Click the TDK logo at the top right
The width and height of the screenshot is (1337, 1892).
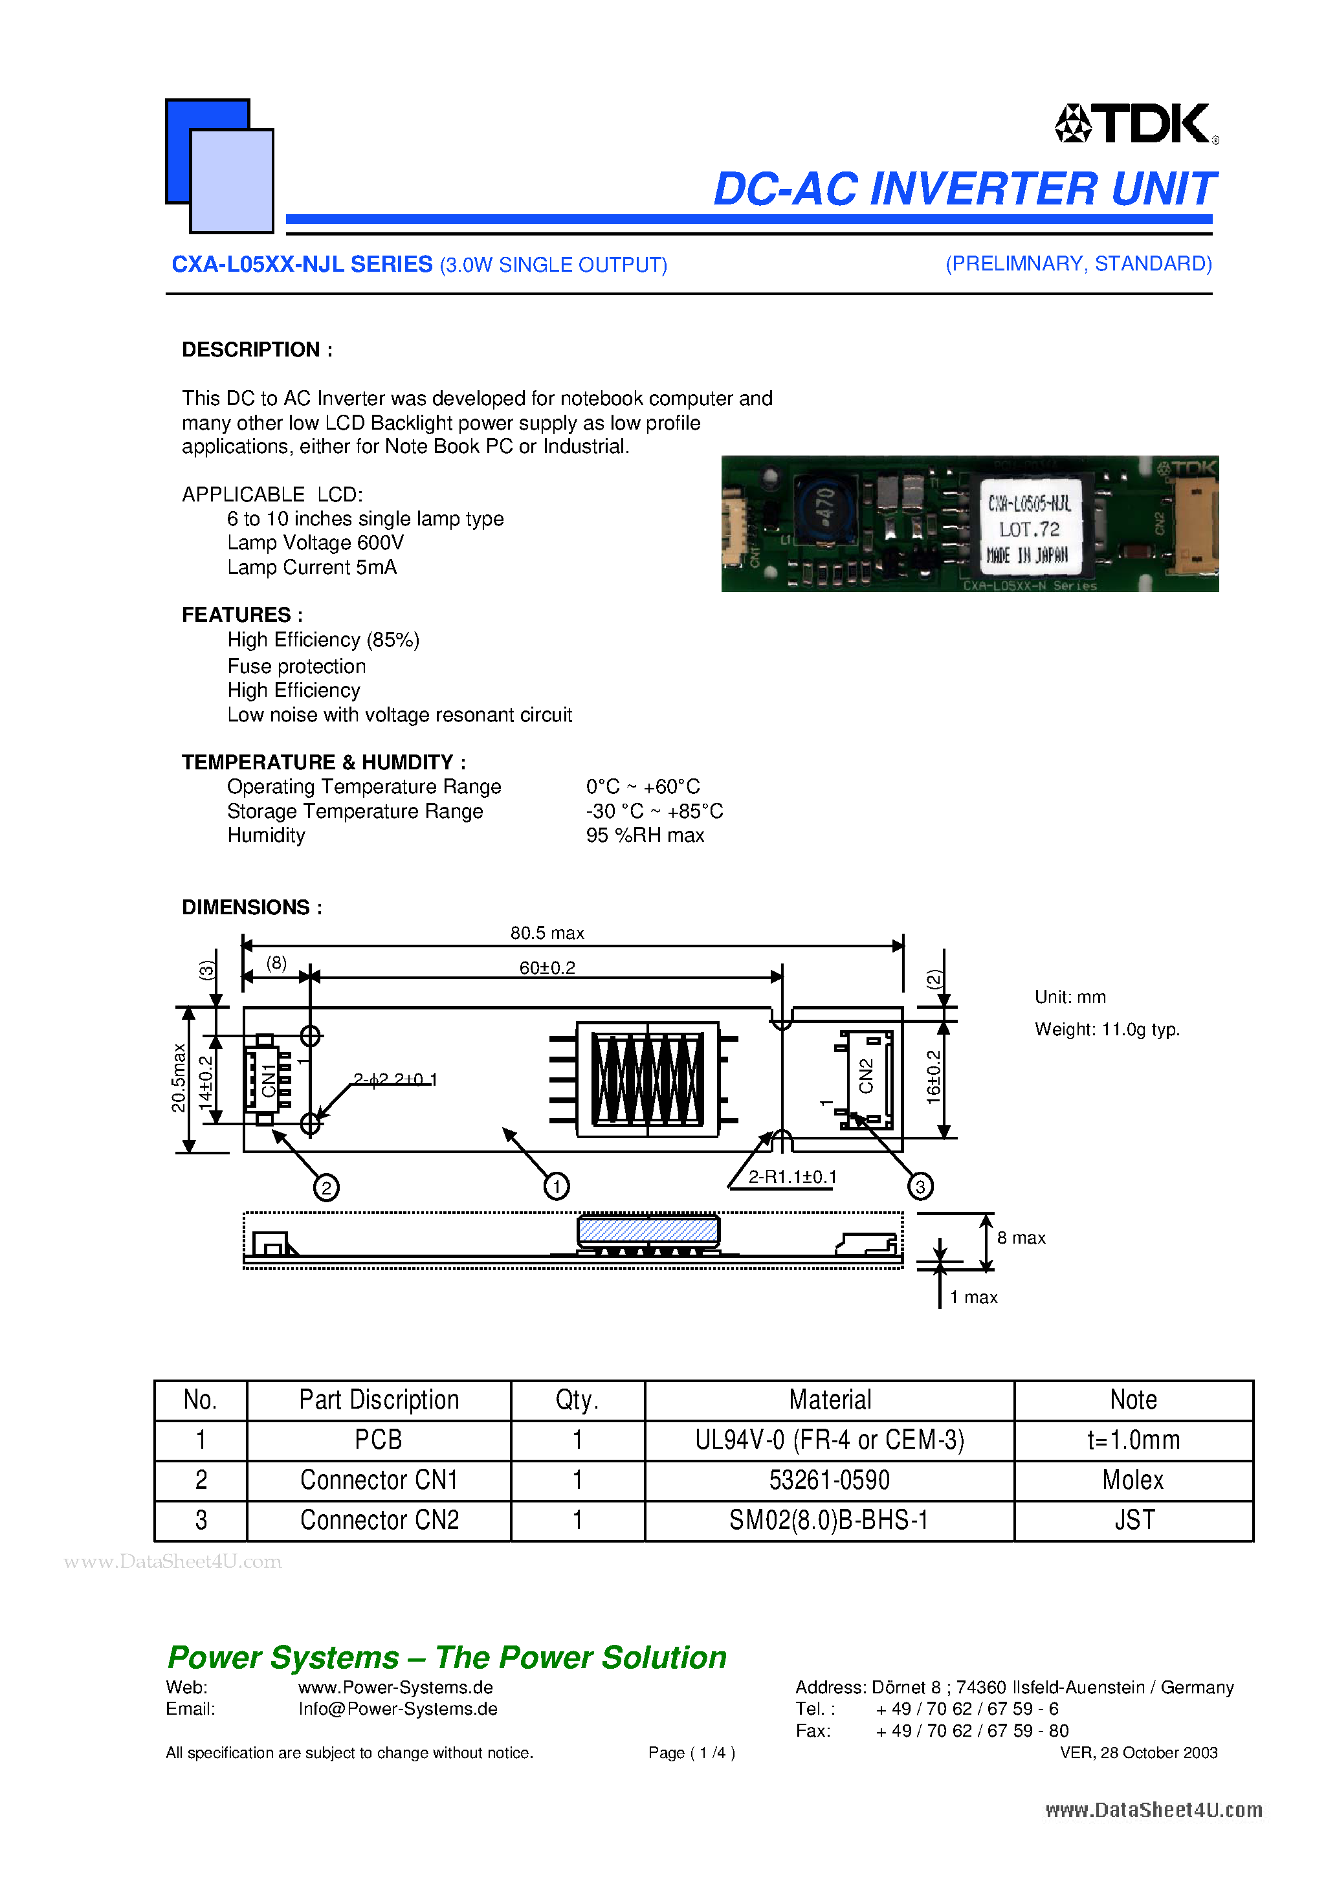[1136, 124]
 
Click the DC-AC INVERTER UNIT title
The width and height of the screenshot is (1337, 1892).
[963, 189]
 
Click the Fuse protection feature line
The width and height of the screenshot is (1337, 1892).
[296, 666]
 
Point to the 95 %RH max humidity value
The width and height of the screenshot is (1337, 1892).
[645, 835]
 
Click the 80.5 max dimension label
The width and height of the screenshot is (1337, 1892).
[546, 933]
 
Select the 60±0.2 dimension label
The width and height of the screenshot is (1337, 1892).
[546, 967]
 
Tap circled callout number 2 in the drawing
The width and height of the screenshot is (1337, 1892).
[326, 1187]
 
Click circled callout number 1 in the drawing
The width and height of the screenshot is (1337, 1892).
[557, 1187]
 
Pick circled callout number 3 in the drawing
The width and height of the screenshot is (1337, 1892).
[920, 1187]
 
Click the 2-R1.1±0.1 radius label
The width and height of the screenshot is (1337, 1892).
[791, 1177]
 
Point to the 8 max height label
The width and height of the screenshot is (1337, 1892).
[1021, 1238]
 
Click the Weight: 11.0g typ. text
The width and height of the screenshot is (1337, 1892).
[1106, 1029]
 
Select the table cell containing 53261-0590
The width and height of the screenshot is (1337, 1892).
[828, 1480]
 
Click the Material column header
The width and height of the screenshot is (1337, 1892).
[829, 1400]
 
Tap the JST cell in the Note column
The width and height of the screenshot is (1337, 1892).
[1133, 1519]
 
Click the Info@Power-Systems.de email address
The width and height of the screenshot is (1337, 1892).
[397, 1709]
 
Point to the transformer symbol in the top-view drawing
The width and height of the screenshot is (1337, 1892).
[648, 1079]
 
